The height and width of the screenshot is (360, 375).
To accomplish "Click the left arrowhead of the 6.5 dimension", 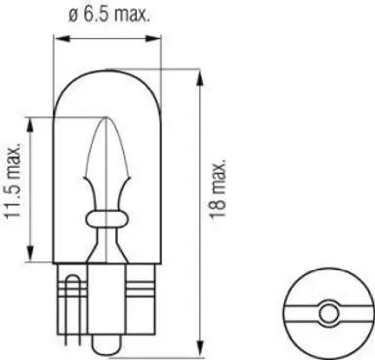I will (x=58, y=40).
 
